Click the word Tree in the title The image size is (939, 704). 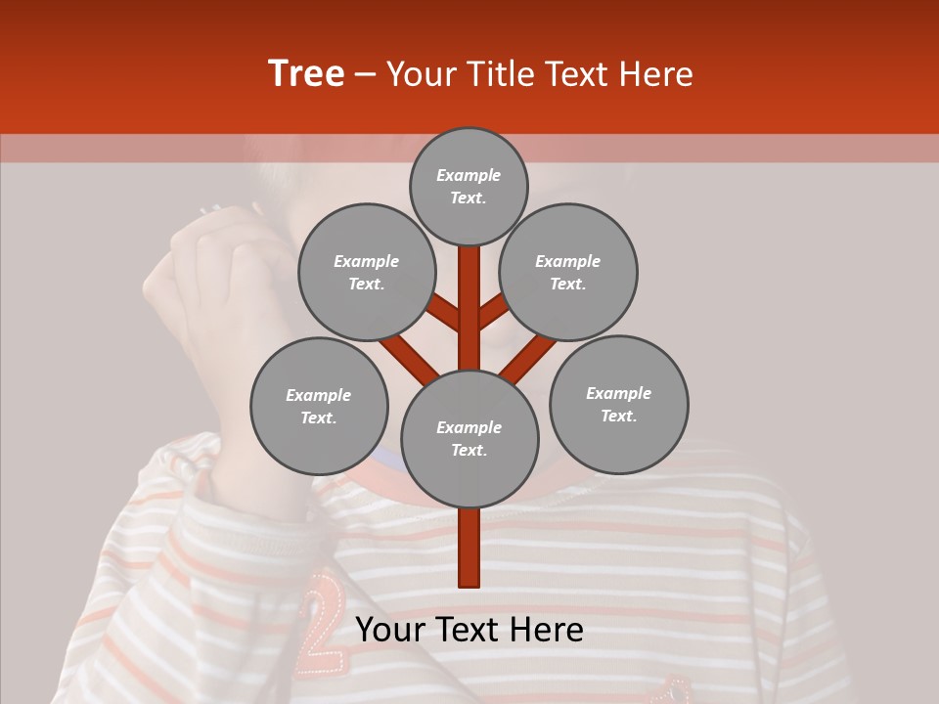tap(306, 73)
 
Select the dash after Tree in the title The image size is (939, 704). tap(365, 75)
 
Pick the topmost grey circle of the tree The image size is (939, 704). tap(469, 186)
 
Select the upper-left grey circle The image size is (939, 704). tap(367, 272)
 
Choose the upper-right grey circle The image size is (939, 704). tap(568, 272)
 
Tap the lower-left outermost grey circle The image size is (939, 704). tap(319, 406)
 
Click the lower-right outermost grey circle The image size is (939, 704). tap(618, 404)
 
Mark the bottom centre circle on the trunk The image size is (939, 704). tap(469, 438)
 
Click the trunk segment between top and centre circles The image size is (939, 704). tap(469, 303)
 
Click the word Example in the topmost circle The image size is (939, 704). tap(469, 175)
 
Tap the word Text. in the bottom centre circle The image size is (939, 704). tap(469, 450)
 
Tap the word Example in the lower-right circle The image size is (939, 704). tap(618, 393)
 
